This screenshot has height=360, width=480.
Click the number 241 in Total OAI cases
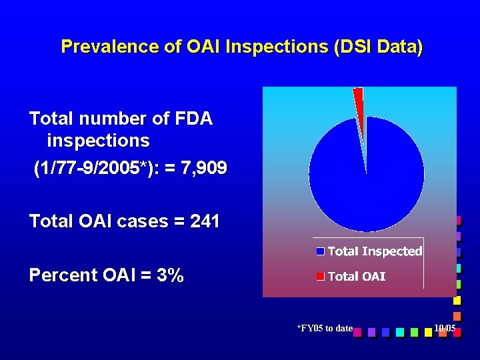(x=205, y=221)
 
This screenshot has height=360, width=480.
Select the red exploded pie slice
(x=359, y=105)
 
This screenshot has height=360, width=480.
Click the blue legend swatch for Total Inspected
(x=320, y=251)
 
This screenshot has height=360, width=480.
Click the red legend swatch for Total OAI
(x=320, y=276)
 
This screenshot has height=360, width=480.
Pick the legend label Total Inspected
(x=375, y=251)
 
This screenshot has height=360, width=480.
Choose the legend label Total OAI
(x=357, y=276)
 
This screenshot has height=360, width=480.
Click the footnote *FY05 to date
(x=325, y=328)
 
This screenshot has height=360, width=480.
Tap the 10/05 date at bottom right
(x=444, y=328)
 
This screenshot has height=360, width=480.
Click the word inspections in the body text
(x=98, y=141)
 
